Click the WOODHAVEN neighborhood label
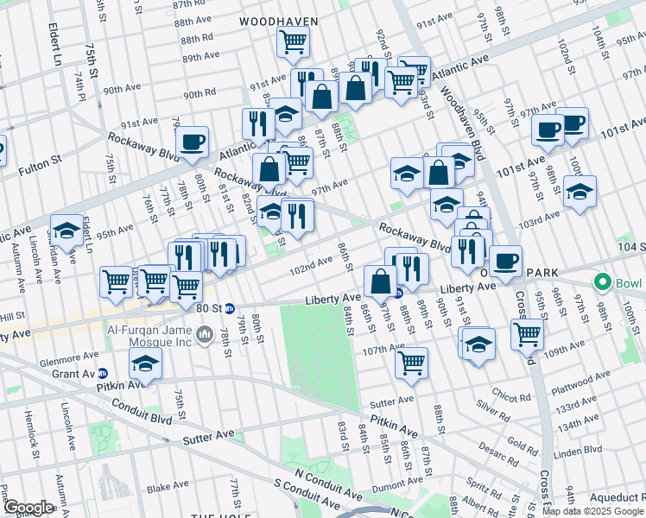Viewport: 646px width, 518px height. coord(279,21)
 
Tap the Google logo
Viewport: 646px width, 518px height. coord(28,508)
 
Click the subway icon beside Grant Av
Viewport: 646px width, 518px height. coord(103,374)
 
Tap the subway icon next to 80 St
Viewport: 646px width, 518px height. coord(230,308)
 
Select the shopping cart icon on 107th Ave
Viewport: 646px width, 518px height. coord(412,362)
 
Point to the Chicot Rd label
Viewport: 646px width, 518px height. coord(511,397)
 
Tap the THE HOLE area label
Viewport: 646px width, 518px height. coord(216,515)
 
